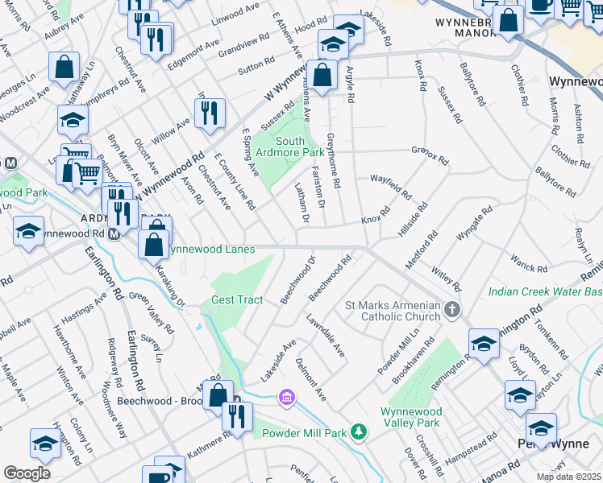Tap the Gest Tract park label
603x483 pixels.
pyautogui.click(x=237, y=300)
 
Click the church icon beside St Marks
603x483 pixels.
pyautogui.click(x=453, y=309)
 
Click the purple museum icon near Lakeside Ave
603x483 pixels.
pyautogui.click(x=285, y=396)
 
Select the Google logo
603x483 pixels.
pyautogui.click(x=27, y=473)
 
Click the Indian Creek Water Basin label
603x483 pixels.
pyautogui.click(x=544, y=291)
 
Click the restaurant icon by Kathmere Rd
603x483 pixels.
pyautogui.click(x=237, y=417)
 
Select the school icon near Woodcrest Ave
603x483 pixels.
pyautogui.click(x=73, y=122)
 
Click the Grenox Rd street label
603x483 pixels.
pyautogui.click(x=429, y=155)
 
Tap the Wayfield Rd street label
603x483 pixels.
pyautogui.click(x=390, y=188)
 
